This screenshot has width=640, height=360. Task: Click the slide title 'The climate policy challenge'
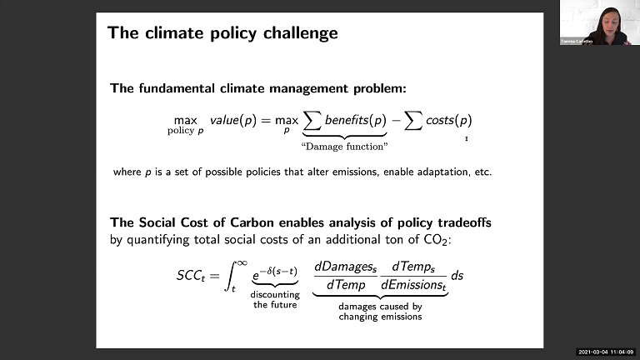[222, 33]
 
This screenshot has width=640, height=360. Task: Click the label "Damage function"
[344, 147]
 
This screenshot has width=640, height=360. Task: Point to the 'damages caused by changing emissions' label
[380, 312]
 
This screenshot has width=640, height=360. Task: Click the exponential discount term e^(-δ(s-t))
[275, 271]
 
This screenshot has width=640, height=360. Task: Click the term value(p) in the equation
[232, 120]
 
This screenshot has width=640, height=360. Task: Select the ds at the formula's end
[457, 275]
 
